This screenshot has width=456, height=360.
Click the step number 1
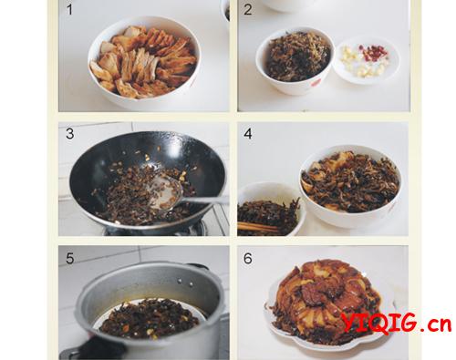pos(69,9)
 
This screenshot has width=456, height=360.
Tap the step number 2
pos(248,9)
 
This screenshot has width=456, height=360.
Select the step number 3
pos(70,134)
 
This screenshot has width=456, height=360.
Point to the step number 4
pos(248,134)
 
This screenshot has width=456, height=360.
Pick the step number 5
pos(70,259)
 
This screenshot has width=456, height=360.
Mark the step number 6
pos(248,259)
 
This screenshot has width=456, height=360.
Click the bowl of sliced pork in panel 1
pos(144,62)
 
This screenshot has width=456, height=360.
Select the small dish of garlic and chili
pos(366,60)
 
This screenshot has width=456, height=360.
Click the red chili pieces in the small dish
pos(372,52)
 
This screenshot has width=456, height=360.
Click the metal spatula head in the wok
pos(166,193)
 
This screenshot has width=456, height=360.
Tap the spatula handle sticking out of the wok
pos(206,200)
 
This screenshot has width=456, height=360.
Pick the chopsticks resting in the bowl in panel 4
pos(258,228)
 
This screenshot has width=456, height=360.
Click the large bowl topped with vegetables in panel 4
pos(350,186)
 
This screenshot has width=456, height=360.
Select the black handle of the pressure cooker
pos(94,349)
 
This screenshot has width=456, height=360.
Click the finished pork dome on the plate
pos(326,301)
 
